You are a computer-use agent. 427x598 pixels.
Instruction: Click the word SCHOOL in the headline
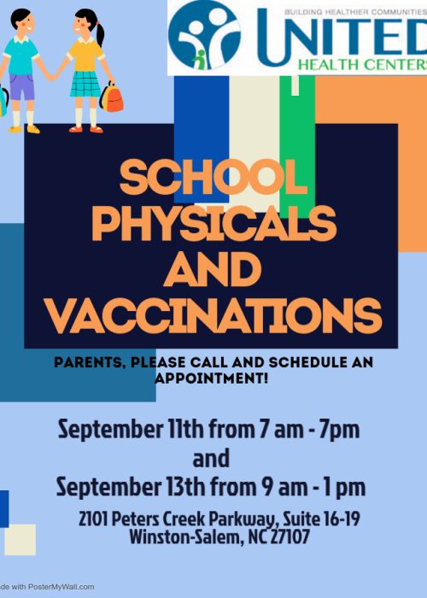pyautogui.click(x=213, y=179)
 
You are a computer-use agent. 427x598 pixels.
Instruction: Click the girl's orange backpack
pyautogui.click(x=112, y=98)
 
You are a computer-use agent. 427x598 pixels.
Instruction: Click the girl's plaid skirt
pyautogui.click(x=85, y=84)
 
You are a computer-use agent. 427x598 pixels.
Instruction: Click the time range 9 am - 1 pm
pyautogui.click(x=315, y=487)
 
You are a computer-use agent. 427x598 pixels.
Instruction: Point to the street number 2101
pyautogui.click(x=92, y=519)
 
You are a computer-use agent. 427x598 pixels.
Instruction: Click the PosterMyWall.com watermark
pyautogui.click(x=51, y=588)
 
